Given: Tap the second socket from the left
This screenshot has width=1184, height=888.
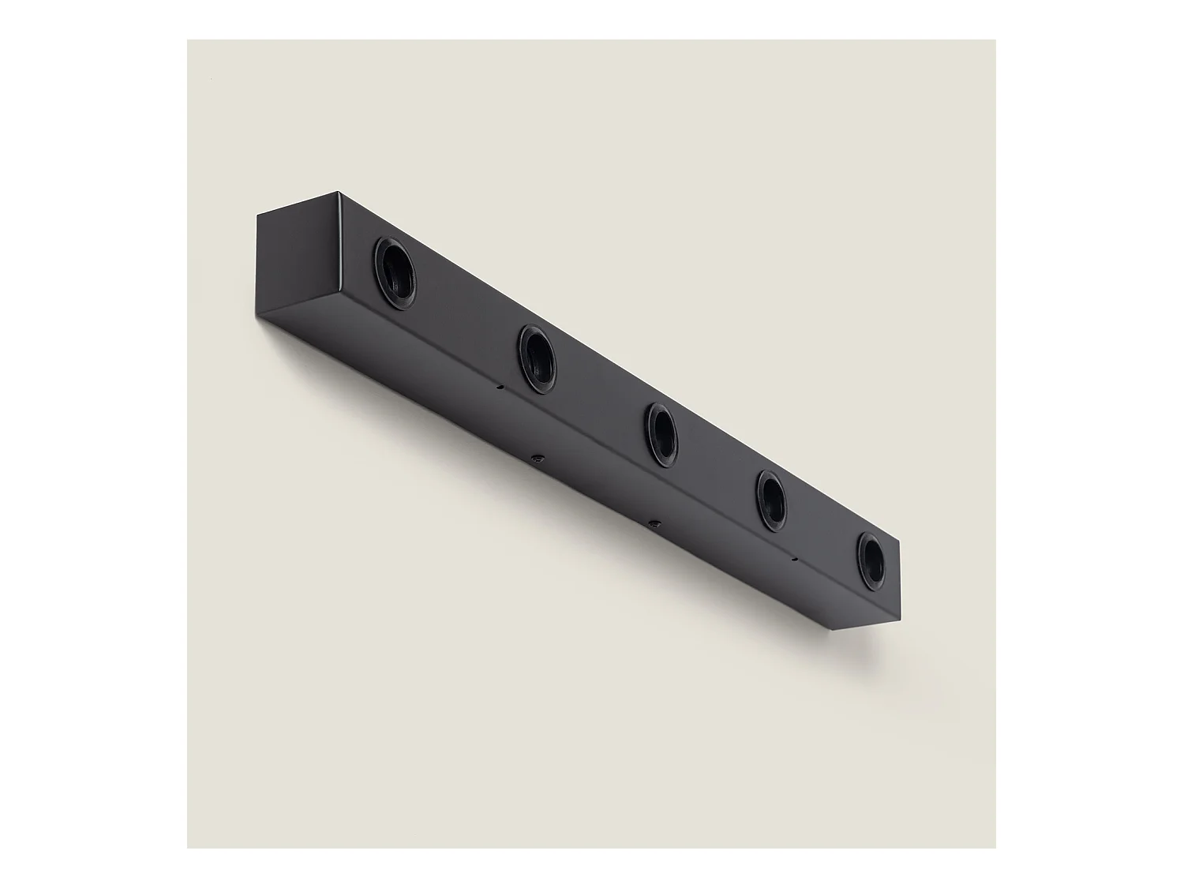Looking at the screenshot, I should tap(537, 358).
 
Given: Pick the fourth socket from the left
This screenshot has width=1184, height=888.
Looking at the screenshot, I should tap(770, 500).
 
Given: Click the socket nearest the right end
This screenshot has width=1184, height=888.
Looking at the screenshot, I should tap(871, 560).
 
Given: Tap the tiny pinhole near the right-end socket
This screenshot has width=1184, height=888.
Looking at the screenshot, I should tap(795, 559).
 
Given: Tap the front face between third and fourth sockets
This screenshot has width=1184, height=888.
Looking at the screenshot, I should tap(714, 466).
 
